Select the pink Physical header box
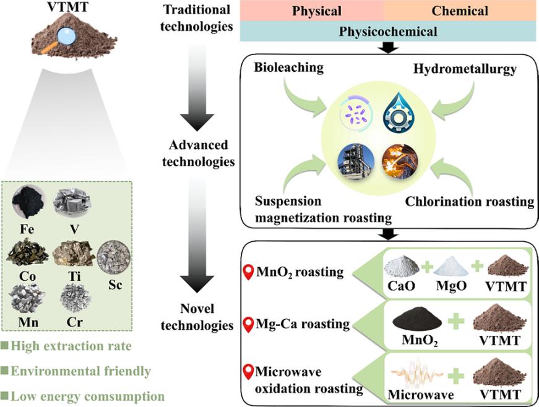(x=312, y=11)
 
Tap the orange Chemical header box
(x=460, y=11)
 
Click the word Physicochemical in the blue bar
(x=387, y=30)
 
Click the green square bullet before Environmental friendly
(x=5, y=371)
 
